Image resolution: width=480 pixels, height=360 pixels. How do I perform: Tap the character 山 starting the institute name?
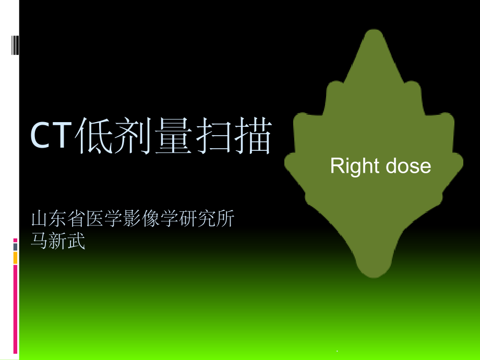[x=40, y=218]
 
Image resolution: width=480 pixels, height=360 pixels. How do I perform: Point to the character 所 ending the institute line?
[x=226, y=218]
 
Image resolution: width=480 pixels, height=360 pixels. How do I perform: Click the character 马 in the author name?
[x=40, y=241]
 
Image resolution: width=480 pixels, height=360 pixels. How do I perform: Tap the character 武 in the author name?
[x=76, y=241]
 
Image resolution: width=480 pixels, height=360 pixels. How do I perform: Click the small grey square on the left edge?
[x=15, y=246]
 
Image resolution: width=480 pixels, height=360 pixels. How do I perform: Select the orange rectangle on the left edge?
[x=15, y=257]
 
